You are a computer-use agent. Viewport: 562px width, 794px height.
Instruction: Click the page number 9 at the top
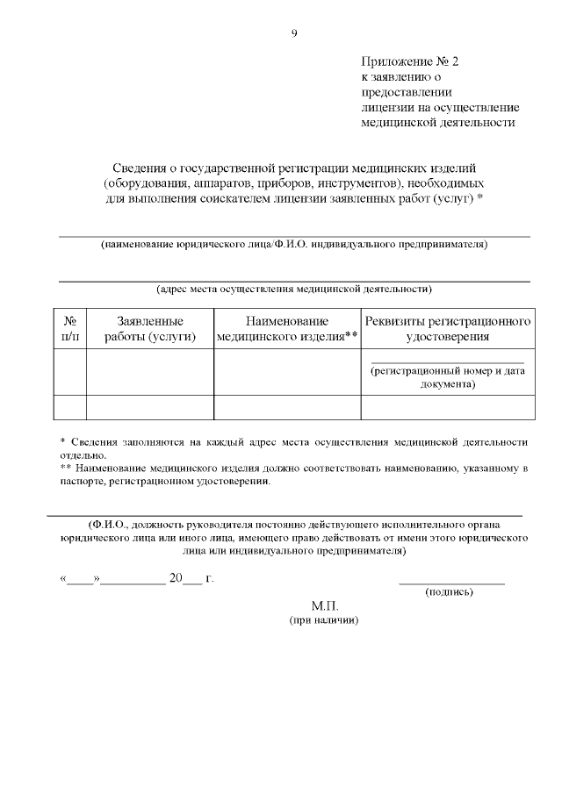pos(294,33)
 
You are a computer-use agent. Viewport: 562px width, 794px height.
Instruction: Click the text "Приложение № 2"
pos(409,62)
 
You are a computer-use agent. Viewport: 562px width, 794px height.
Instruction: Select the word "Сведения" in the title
pos(143,167)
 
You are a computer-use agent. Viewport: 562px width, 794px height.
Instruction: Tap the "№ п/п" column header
pos(70,329)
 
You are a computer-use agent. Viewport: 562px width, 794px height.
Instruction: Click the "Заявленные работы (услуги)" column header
pos(149,329)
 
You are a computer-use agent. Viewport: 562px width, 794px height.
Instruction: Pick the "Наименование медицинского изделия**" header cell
pos(287,329)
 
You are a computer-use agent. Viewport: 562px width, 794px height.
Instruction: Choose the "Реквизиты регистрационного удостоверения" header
pos(447,329)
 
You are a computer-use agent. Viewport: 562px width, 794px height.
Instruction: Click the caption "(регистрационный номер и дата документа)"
pos(447,377)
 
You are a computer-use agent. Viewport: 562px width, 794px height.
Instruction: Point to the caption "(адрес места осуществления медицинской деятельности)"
pos(294,289)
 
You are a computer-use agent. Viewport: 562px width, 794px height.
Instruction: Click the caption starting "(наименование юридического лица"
pos(294,244)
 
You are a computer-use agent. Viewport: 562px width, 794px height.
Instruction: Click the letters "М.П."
pos(324,606)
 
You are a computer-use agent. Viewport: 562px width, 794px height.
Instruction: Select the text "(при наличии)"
pos(324,619)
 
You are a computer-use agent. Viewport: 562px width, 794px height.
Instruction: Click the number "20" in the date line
pos(176,579)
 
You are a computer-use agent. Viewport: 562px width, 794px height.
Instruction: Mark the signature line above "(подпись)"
pos(451,582)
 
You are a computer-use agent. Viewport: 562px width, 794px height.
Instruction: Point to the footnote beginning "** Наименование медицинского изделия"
pos(294,476)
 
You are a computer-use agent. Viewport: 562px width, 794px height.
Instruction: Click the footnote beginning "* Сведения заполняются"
pos(294,447)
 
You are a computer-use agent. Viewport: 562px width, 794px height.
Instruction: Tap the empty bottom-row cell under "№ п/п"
pos(70,407)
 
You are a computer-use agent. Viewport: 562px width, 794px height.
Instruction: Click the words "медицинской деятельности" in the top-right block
pos(437,122)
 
